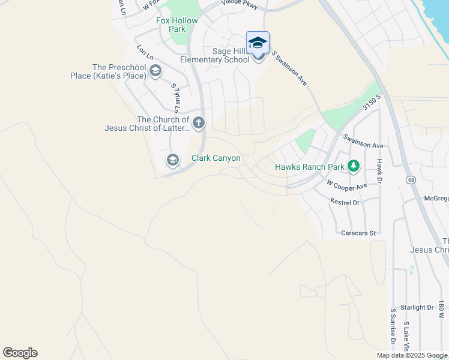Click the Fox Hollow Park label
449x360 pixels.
click(176, 25)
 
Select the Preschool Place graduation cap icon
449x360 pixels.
click(155, 72)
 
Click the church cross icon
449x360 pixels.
click(199, 124)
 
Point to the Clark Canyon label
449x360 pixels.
click(215, 158)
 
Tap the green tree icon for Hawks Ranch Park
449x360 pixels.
click(354, 166)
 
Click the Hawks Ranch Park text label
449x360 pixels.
click(310, 167)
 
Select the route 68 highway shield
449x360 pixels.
click(411, 179)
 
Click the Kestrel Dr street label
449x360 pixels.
click(345, 203)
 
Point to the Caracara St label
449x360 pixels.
click(358, 233)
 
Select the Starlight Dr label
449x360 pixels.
click(417, 307)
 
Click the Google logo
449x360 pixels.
click(20, 353)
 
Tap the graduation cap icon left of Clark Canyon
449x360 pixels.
click(172, 160)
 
